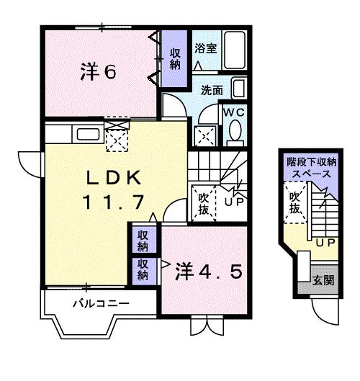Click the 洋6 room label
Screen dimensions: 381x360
98,71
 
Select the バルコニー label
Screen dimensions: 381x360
101,303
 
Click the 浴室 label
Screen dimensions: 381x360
206,49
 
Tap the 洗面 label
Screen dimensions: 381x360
211,91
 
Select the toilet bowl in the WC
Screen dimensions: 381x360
234,132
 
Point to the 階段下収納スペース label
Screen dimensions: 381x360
309,169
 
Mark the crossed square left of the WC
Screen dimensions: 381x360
205,135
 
